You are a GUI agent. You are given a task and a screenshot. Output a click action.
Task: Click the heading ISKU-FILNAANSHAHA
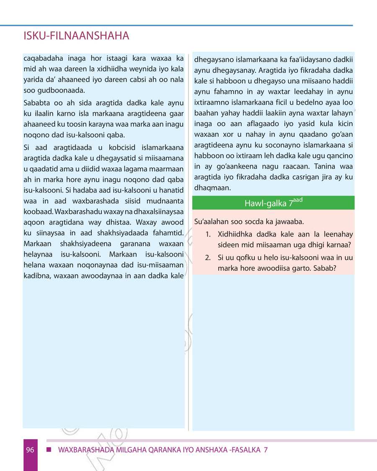pos(77,36)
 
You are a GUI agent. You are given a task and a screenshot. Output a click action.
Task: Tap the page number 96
pos(30,450)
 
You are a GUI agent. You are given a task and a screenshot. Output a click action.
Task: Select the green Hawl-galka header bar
pos(273,203)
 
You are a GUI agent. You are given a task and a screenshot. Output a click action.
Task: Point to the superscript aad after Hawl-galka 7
pos(297,200)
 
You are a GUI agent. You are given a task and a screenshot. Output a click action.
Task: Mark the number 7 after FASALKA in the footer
pos(265,450)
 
